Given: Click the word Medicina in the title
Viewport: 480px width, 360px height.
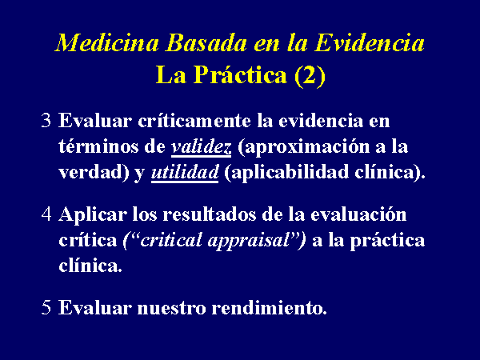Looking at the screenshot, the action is (107, 42).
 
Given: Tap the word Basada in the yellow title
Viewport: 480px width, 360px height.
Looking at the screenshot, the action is (206, 42).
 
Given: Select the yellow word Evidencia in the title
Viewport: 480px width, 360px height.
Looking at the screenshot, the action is (370, 42).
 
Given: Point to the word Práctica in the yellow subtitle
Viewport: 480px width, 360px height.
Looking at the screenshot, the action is (240, 74).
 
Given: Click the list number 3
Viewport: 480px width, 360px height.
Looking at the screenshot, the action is (46, 120).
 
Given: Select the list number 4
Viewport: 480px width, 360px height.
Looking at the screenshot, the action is (46, 214).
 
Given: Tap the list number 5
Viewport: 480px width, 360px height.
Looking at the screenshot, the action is (46, 307).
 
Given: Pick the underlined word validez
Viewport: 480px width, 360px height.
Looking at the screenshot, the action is (201, 147).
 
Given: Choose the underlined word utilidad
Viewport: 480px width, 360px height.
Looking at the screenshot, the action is (185, 173).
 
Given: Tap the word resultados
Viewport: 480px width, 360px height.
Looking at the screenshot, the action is (209, 214).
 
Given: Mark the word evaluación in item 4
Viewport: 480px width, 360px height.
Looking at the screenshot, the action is (358, 214).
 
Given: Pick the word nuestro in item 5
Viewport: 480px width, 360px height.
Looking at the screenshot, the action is (171, 308).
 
